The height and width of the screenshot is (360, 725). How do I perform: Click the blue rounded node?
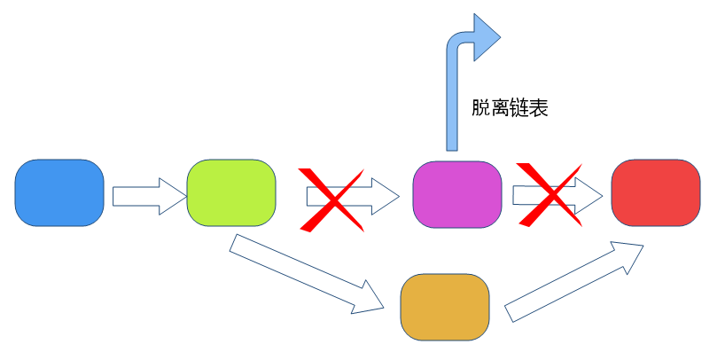coord(59,193)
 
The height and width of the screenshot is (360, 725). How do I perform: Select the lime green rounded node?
coord(231,193)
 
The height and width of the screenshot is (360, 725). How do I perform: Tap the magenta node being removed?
coord(456,193)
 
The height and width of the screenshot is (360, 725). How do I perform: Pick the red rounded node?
coord(656,193)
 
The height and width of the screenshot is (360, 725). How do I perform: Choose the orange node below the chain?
coord(445,307)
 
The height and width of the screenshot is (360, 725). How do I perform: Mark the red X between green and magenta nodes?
coord(332,199)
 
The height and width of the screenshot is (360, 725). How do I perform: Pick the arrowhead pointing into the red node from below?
coord(630,254)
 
